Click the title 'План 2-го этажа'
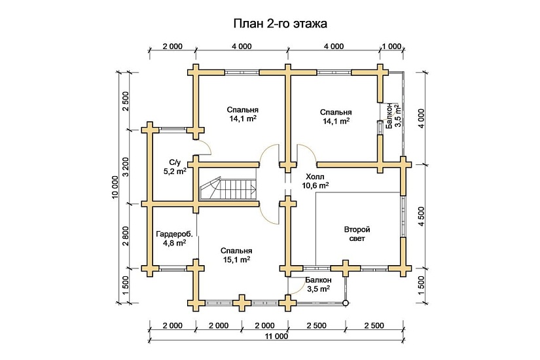[279, 24]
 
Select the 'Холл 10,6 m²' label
[315, 181]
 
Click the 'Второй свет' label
[357, 234]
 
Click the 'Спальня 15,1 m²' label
[236, 255]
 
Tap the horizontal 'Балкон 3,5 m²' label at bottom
[315, 283]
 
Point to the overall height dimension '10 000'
[115, 186]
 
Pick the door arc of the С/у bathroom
[204, 147]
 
